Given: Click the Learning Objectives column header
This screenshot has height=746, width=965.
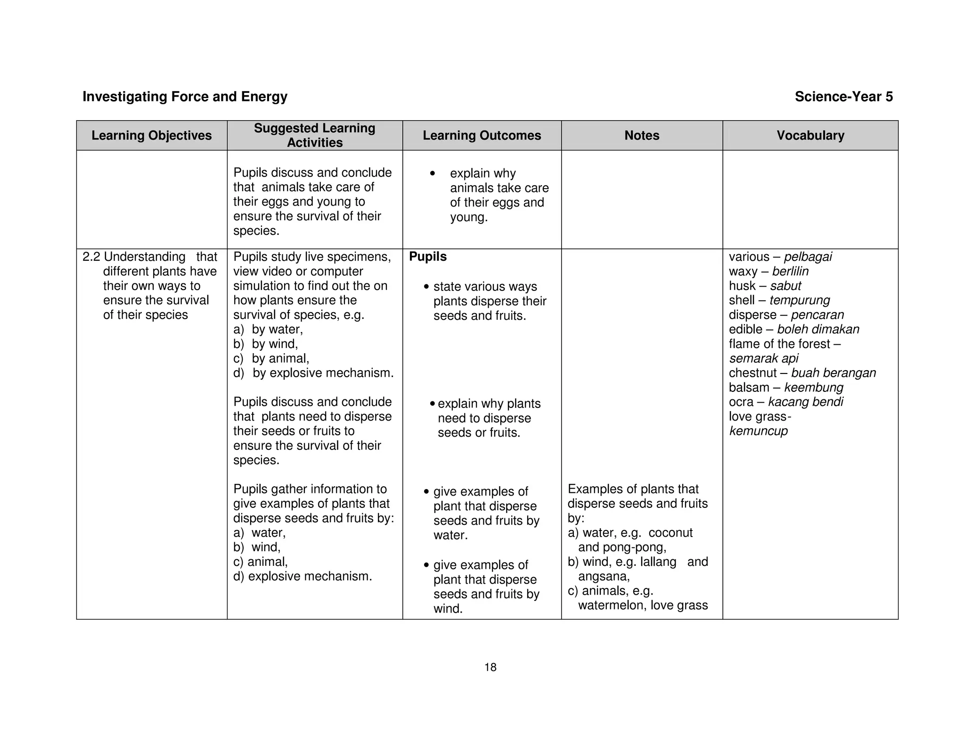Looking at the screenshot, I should (151, 135).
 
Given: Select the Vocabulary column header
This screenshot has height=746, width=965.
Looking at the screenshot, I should (810, 135).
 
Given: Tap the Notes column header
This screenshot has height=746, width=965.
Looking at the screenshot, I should (641, 135).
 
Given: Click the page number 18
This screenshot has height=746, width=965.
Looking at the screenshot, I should (490, 667).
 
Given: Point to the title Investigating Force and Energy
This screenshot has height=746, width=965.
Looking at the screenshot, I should (185, 97).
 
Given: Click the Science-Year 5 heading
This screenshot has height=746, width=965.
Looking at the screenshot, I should (843, 97).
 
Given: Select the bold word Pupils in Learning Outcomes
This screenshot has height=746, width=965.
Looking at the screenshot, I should (427, 257).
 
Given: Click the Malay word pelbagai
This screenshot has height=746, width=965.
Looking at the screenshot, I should (808, 257).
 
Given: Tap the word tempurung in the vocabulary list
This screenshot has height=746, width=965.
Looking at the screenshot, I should (799, 300).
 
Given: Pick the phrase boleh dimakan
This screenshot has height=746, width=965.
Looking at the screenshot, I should (818, 329).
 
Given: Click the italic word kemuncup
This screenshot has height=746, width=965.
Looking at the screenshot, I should (758, 431).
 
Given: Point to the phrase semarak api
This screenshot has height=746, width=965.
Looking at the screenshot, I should (763, 358).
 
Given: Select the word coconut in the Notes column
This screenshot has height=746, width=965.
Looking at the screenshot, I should (670, 533).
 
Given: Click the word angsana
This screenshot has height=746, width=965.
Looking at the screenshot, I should (603, 576).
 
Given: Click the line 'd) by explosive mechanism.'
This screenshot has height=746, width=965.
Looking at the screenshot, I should (313, 373).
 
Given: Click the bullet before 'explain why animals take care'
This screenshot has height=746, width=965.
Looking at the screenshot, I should (433, 174).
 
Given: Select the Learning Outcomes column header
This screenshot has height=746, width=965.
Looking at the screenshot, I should (482, 135).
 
